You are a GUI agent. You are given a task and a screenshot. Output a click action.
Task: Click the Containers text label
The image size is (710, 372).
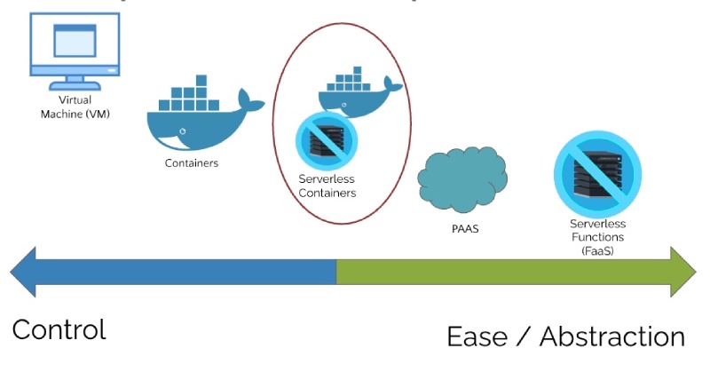(191, 163)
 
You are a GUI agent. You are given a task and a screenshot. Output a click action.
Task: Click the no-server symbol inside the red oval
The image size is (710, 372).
(326, 141)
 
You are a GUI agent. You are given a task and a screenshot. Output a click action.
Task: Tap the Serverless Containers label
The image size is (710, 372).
(327, 186)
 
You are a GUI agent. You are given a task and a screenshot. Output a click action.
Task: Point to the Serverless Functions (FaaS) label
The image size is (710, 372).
(596, 237)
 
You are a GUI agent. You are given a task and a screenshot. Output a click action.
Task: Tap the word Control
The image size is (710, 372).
(59, 329)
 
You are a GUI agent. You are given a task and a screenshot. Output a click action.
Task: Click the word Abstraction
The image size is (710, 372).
(612, 337)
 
